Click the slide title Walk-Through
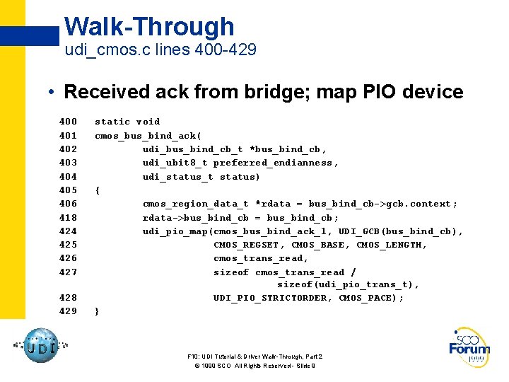[x=148, y=27]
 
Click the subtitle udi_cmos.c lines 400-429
[x=160, y=50]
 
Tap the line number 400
[x=68, y=122]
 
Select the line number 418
[x=68, y=217]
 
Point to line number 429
[x=68, y=311]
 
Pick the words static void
[x=127, y=122]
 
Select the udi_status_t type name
[x=177, y=176]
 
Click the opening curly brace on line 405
[x=98, y=190]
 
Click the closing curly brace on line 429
[x=98, y=311]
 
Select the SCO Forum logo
[x=469, y=347]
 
